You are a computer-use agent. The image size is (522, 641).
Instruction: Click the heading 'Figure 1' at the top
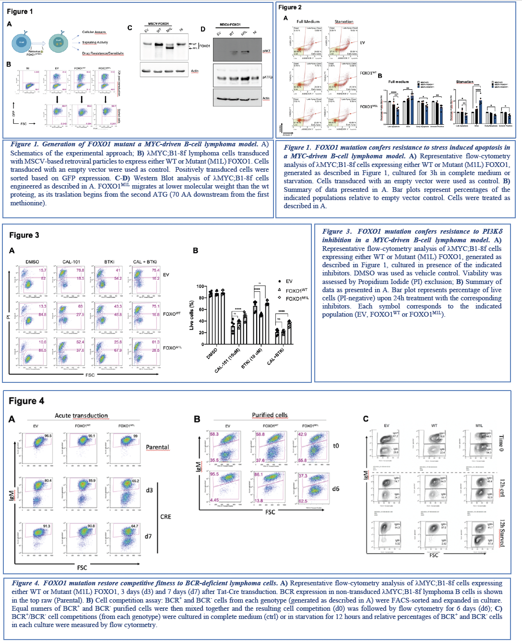20,12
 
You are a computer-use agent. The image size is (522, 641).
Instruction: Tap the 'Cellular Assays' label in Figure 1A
94,32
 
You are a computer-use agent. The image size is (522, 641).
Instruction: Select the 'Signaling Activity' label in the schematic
95,43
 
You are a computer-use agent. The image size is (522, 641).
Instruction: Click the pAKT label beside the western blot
266,51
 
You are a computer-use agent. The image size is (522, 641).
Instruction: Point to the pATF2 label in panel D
267,77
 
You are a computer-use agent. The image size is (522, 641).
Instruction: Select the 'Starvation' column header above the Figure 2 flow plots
344,22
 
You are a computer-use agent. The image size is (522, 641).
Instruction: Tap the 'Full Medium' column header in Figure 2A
308,22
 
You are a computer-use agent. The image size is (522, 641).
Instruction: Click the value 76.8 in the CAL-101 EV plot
80,271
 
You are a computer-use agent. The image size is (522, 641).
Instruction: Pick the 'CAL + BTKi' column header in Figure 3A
144,262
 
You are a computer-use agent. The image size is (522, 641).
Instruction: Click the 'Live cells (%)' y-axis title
192,315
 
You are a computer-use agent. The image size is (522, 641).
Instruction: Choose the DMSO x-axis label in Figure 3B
212,355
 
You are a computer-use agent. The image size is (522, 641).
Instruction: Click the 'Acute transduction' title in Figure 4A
81,415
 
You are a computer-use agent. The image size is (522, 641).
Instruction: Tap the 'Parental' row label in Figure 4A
157,447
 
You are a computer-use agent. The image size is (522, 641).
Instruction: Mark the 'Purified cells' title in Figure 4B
270,415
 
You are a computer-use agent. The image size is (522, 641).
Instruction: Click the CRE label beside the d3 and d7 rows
166,517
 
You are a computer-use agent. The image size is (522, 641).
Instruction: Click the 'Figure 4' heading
26,401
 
